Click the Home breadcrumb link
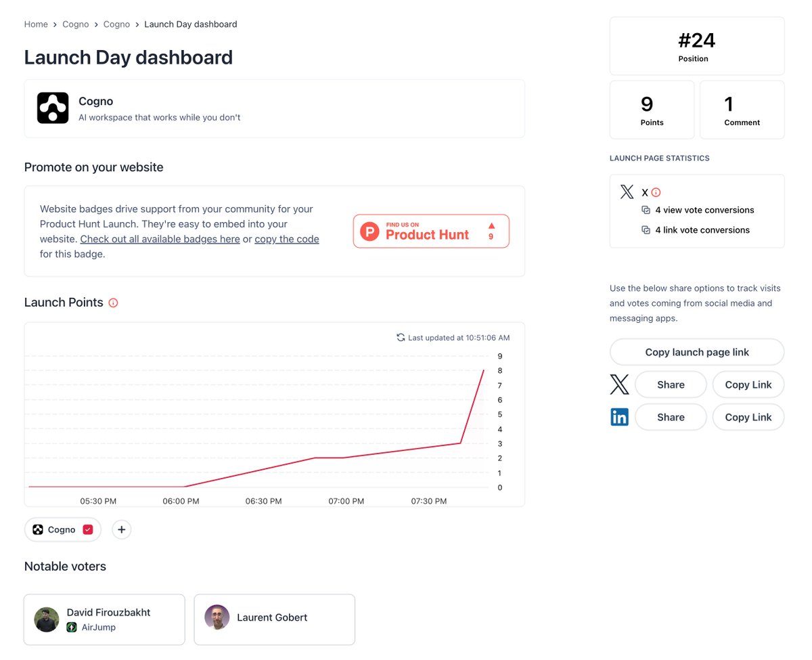(x=36, y=24)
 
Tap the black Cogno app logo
(x=53, y=108)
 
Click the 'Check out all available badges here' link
(x=160, y=239)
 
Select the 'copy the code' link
(x=287, y=239)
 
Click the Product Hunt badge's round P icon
(x=369, y=231)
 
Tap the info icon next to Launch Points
(x=113, y=303)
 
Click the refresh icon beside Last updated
(x=401, y=337)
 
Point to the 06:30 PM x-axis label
(x=263, y=501)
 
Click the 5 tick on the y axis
(x=500, y=414)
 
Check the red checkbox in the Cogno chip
(x=88, y=529)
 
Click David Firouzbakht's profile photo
(x=47, y=619)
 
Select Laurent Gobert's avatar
(x=217, y=617)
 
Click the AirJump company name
(x=98, y=628)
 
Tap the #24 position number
(x=696, y=41)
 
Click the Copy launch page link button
(x=697, y=352)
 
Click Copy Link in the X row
(x=748, y=384)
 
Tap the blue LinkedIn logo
(x=619, y=417)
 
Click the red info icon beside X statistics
(x=656, y=192)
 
